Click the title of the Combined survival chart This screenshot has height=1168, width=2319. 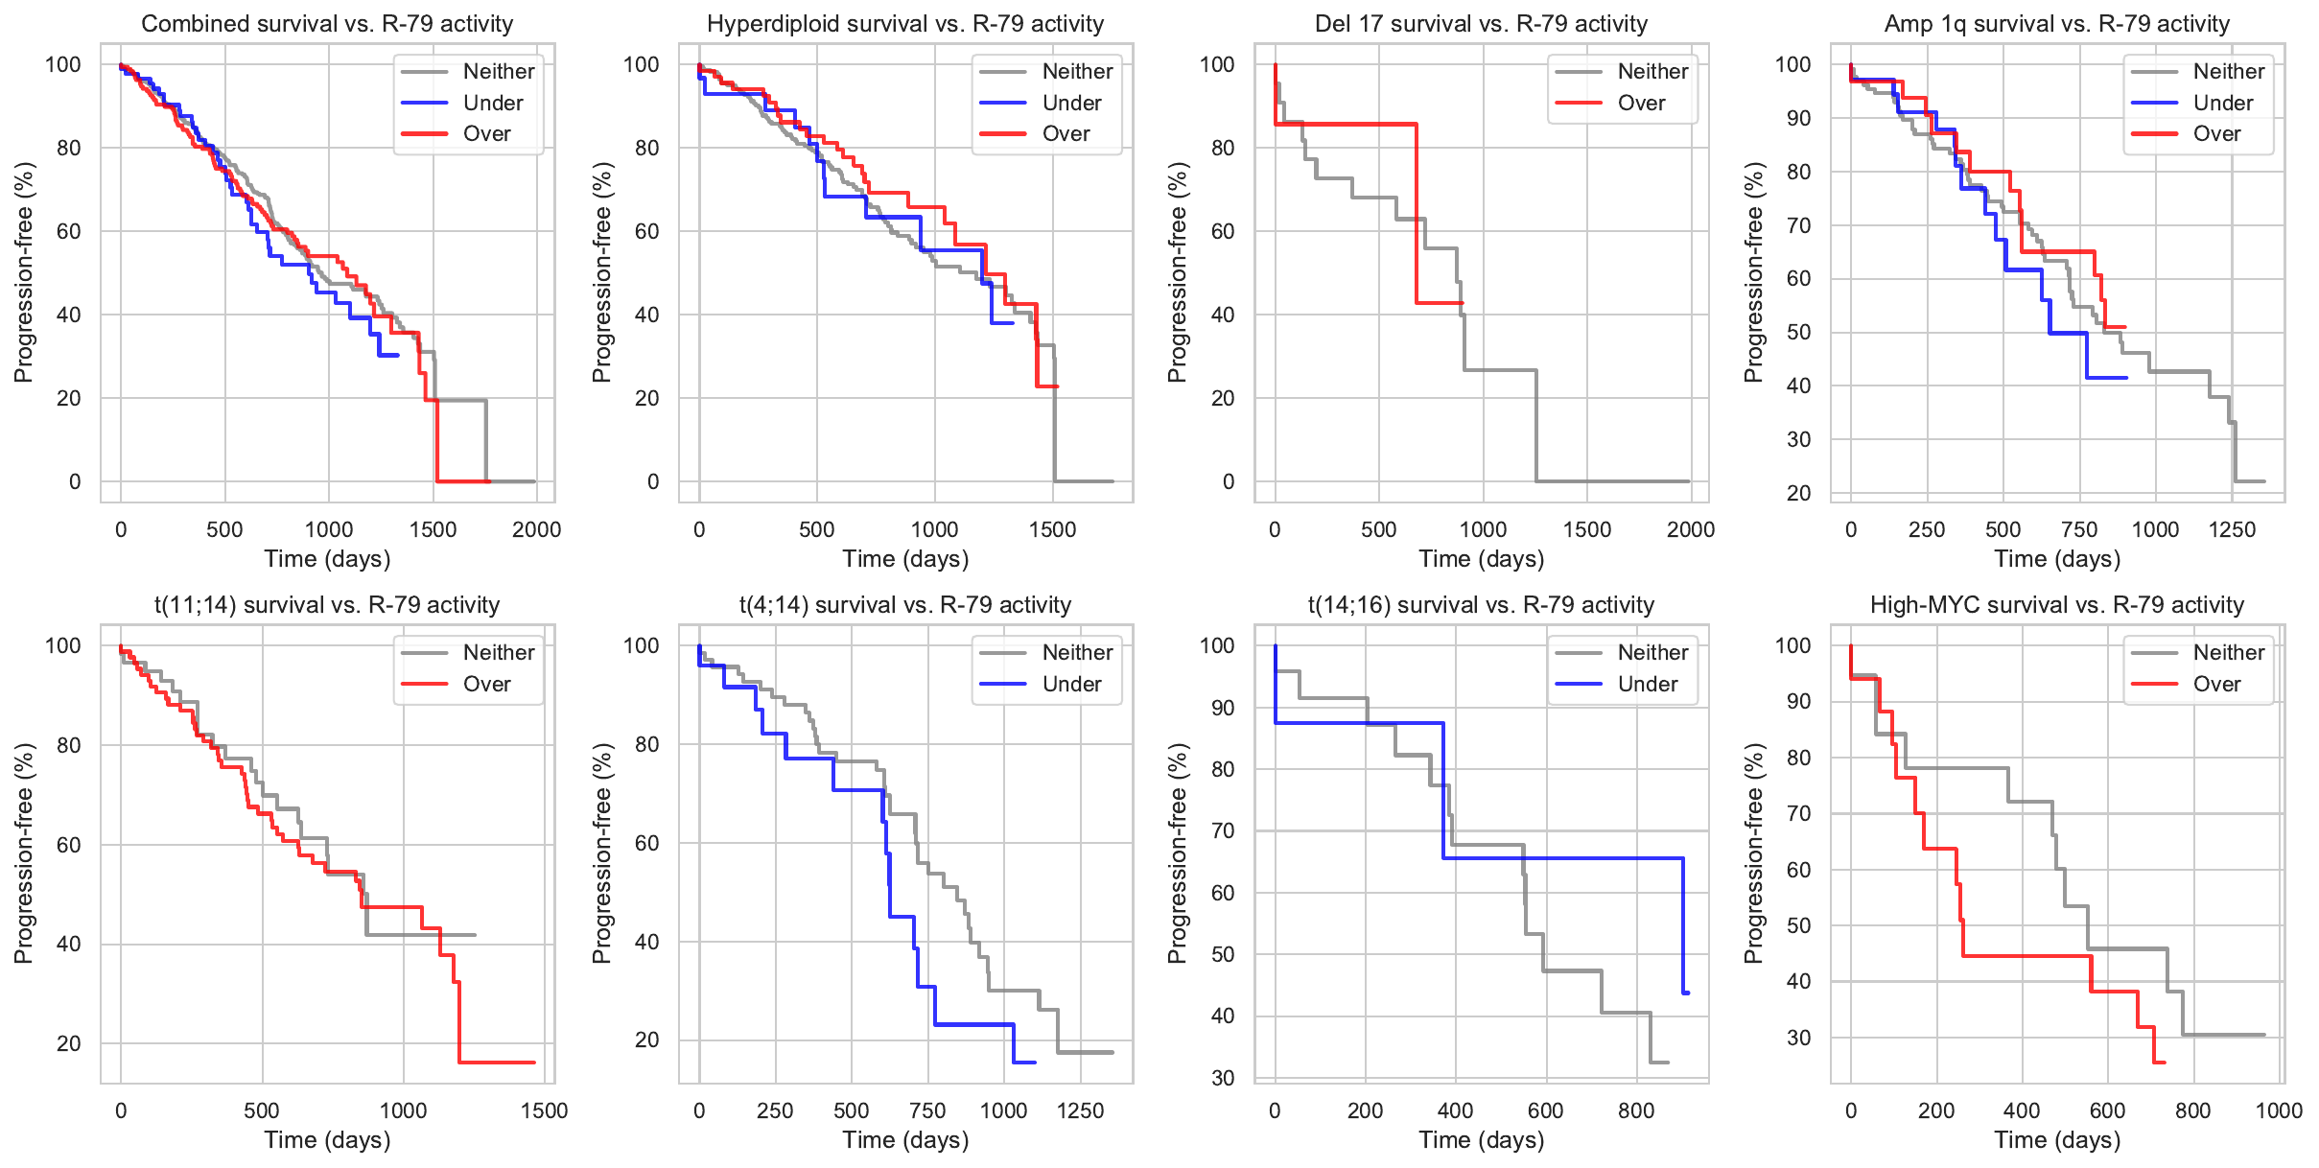point(327,24)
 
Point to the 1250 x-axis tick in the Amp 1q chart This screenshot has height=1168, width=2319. point(2232,529)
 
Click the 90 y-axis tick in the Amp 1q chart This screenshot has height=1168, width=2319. point(1792,118)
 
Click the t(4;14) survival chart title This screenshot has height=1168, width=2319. point(904,605)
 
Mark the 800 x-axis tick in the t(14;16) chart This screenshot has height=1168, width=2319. point(1636,1110)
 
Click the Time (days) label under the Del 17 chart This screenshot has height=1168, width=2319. point(1481,559)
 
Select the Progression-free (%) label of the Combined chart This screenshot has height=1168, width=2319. point(24,272)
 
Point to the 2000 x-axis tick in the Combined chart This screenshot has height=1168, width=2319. point(536,529)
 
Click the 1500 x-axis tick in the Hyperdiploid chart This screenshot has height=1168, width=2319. point(1052,529)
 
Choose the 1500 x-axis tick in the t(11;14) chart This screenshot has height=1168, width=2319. point(544,1110)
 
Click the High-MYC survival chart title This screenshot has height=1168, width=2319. point(2056,605)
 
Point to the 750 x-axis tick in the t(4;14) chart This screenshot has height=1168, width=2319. point(927,1110)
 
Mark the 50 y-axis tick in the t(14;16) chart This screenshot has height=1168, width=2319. point(1223,954)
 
